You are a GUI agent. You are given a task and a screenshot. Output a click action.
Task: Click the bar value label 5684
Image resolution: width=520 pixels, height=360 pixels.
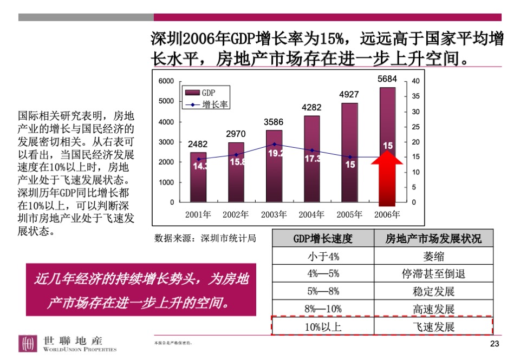387,79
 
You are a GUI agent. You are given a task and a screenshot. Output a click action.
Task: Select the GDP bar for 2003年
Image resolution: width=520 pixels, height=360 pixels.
274,168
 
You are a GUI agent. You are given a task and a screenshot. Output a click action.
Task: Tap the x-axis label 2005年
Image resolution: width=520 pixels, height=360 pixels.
349,214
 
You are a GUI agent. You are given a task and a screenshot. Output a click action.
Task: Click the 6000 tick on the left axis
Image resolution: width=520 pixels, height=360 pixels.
166,81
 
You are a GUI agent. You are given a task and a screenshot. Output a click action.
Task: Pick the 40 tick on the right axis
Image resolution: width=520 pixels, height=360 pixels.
415,81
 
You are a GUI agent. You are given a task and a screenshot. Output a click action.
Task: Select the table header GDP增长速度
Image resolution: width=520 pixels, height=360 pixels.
323,239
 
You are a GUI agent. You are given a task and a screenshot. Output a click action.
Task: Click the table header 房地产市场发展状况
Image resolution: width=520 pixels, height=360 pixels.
433,239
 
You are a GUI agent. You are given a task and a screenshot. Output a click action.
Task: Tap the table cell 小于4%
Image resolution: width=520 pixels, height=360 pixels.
323,256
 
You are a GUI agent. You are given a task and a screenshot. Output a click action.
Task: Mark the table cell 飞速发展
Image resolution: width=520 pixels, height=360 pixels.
433,326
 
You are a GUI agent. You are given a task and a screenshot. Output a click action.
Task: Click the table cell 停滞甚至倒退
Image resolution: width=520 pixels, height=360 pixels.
433,274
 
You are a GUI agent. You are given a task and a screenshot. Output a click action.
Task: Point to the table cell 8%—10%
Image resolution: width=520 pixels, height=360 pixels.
323,309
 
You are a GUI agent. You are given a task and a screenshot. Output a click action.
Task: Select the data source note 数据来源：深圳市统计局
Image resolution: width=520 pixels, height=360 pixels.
205,238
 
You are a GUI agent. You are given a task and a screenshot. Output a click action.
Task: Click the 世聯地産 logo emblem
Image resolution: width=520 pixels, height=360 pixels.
28,344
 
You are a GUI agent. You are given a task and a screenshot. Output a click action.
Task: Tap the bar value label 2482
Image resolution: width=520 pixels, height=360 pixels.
198,145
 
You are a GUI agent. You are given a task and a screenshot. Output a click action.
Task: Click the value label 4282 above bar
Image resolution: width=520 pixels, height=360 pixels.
311,107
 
